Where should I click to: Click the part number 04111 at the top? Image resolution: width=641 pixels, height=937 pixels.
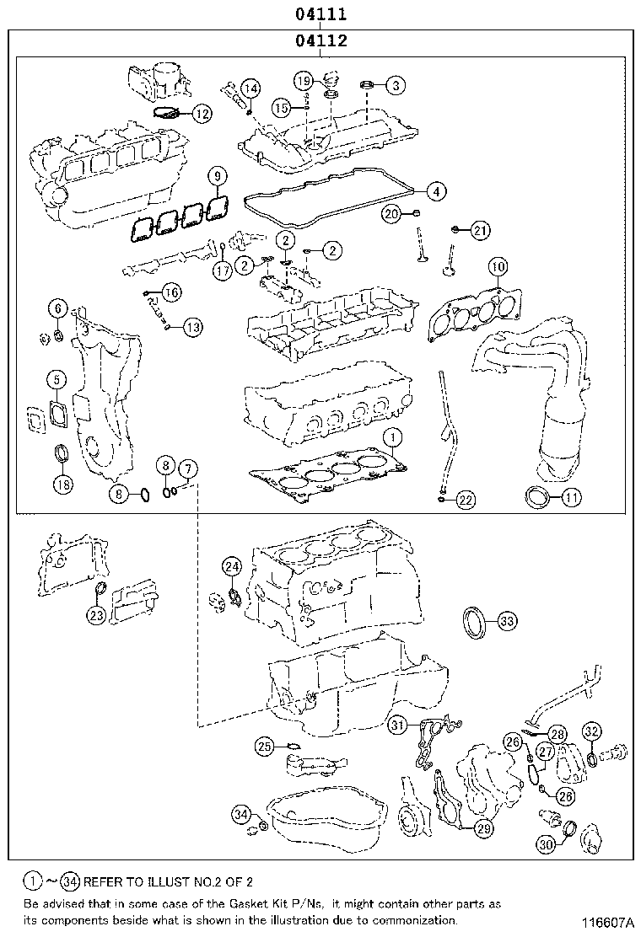pos(320,14)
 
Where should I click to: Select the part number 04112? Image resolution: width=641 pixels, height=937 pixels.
pos(320,40)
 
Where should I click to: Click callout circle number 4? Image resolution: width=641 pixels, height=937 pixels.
pos(434,191)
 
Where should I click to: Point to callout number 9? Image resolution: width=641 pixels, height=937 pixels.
pos(218,176)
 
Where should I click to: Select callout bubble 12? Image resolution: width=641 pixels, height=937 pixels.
pos(200,112)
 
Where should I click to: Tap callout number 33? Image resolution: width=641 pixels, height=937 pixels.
pos(506,622)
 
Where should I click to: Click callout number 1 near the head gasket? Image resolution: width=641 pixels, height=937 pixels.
pos(391,436)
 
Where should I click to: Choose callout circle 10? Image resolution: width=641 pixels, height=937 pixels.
pos(498,268)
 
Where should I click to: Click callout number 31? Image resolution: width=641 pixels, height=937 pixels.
pos(398,724)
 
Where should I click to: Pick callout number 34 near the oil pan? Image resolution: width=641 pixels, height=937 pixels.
pos(242,814)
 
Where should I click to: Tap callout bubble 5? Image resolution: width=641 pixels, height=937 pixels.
pos(56,380)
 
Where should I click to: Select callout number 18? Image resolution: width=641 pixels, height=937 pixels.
pos(62,484)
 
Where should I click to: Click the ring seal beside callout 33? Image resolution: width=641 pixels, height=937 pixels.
pos(475,624)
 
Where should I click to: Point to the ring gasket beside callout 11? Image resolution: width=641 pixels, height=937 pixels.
pos(536,497)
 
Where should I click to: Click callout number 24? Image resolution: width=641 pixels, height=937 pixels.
pos(232,565)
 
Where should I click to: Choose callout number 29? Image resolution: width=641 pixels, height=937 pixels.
pos(482,829)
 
